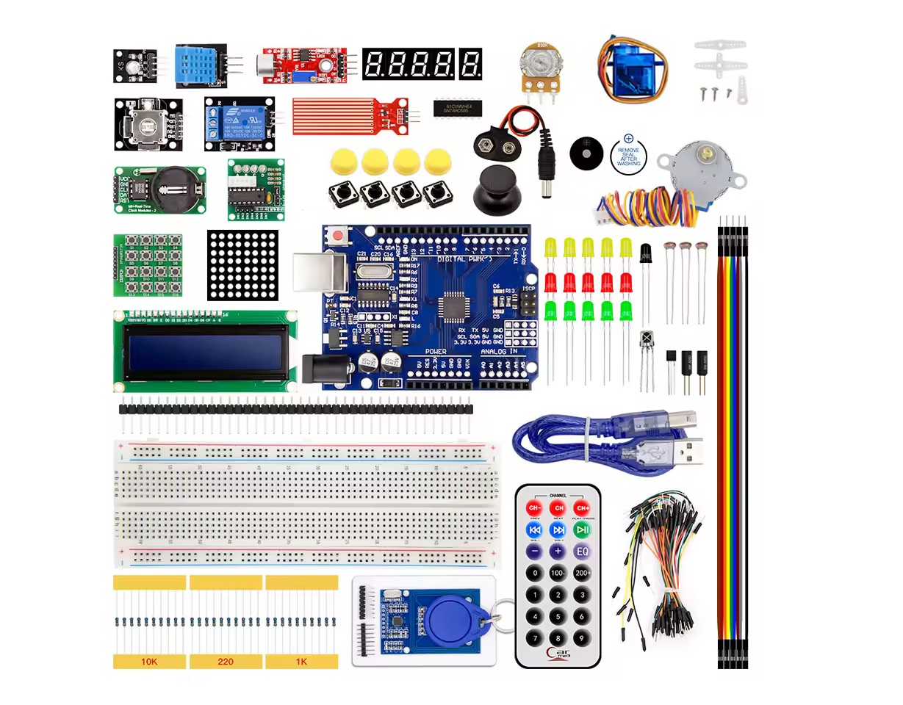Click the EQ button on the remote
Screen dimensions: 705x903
582,551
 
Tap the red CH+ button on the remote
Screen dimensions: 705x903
582,508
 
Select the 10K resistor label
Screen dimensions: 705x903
149,662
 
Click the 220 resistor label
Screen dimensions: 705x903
226,662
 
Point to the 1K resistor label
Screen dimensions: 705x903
301,662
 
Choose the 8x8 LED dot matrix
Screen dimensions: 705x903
243,265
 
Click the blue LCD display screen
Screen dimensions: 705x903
206,352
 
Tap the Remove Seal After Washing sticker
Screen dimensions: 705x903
628,153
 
